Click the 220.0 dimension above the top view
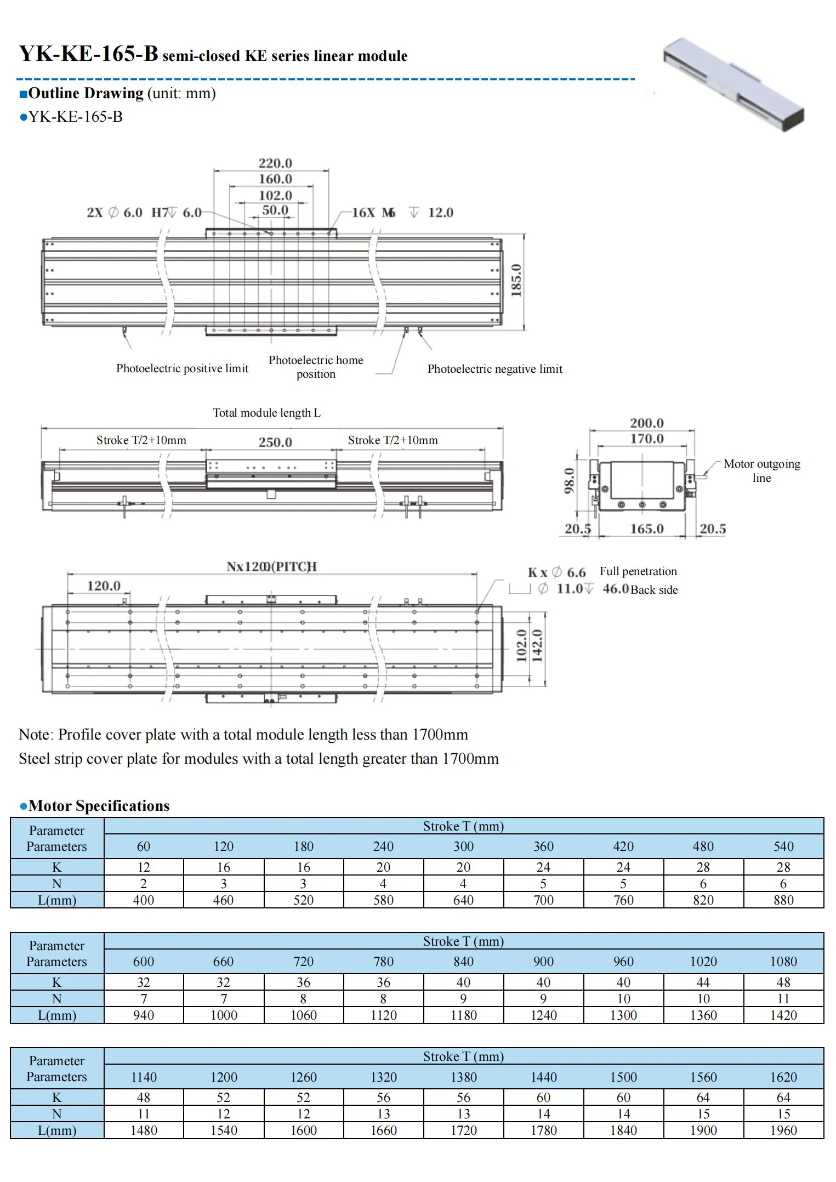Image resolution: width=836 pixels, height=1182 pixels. click(275, 163)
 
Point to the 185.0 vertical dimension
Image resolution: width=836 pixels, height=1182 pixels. click(516, 280)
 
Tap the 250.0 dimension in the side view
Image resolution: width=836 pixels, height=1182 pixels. click(275, 442)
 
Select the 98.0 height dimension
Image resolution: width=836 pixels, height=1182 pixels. click(570, 480)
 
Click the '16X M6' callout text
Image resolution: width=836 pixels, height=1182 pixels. click(373, 213)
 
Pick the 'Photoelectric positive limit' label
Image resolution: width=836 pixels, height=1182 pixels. click(182, 368)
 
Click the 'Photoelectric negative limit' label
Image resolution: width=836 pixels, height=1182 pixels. click(494, 369)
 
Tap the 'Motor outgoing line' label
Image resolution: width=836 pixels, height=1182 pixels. click(761, 470)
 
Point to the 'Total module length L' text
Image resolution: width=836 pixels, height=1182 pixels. click(266, 413)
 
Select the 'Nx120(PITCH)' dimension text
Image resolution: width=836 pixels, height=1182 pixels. click(271, 566)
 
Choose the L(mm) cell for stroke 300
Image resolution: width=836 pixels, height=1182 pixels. click(463, 900)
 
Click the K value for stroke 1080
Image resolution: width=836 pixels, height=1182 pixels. click(783, 982)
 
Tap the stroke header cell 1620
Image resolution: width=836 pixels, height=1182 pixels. click(783, 1077)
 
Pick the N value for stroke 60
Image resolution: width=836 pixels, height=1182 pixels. click(144, 884)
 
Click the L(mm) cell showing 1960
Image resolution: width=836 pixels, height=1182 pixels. click(783, 1130)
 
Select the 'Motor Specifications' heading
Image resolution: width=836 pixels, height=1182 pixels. click(99, 806)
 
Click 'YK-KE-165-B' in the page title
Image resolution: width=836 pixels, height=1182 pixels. click(89, 54)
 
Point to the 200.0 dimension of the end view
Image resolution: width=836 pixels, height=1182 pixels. click(646, 423)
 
